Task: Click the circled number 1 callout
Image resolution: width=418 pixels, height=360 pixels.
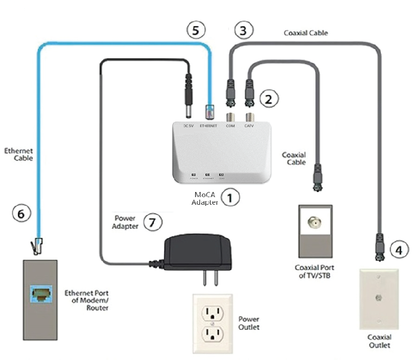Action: (x=230, y=197)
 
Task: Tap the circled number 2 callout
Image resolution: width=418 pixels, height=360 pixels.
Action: (x=269, y=98)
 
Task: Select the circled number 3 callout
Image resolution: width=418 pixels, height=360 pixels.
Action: (x=243, y=31)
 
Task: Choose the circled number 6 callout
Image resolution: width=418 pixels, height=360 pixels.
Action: (x=21, y=213)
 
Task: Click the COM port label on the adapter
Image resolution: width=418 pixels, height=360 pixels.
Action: (x=230, y=126)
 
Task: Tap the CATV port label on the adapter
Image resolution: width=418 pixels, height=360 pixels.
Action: (x=249, y=126)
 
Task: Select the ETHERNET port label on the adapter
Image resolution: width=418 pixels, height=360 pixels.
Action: (x=208, y=126)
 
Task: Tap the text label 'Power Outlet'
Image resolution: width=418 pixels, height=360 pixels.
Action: (x=249, y=323)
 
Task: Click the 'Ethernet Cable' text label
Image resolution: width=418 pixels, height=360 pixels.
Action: (x=19, y=154)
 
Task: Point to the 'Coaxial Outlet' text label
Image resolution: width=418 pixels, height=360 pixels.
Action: (x=379, y=341)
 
